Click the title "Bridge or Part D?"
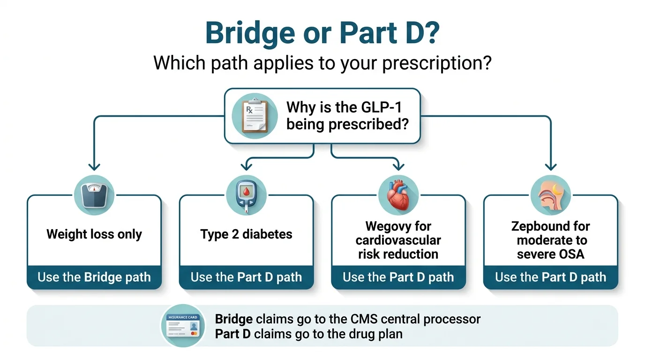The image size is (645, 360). click(322, 34)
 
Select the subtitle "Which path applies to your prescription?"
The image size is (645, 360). click(322, 62)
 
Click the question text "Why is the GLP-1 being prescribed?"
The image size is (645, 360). click(345, 116)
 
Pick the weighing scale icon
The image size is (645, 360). click(94, 195)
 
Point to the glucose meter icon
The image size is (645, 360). click(246, 195)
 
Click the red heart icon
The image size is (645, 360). click(398, 195)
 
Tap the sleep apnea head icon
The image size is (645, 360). click(550, 195)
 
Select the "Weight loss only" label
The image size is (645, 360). click(94, 234)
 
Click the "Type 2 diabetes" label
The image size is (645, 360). click(246, 234)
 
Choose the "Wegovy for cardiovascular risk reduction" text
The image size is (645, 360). click(398, 240)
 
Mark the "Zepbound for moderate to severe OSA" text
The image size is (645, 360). click(550, 240)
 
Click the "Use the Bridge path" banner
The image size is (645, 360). click(94, 277)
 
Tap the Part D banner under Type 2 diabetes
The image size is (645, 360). click(246, 277)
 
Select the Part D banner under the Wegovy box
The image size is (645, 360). click(398, 277)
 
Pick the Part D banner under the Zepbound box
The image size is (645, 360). click(550, 277)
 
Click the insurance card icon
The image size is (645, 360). click(183, 326)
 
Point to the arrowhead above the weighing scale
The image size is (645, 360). click(94, 166)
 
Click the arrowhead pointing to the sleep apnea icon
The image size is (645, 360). click(550, 166)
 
